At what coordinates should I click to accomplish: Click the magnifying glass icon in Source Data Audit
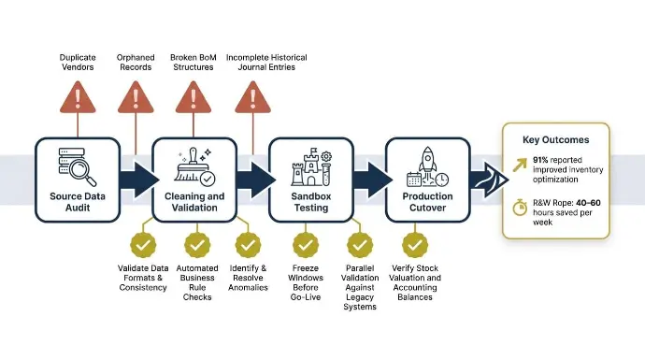(82, 171)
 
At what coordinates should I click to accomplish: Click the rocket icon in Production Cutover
(428, 161)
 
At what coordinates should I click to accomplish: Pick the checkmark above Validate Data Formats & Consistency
(143, 245)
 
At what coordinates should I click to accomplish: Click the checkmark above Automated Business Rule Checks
(197, 245)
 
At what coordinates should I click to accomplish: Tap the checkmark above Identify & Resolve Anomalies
(248, 245)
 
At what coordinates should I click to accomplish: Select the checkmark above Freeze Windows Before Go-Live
(306, 245)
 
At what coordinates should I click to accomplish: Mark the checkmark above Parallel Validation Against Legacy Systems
(360, 245)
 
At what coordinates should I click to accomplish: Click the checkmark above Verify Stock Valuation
(415, 245)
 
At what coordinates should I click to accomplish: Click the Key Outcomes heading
(556, 140)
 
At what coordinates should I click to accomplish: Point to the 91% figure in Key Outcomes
(540, 160)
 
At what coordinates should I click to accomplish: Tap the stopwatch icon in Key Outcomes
(520, 207)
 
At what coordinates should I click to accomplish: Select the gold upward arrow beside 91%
(520, 165)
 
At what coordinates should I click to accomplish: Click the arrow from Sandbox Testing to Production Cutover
(373, 180)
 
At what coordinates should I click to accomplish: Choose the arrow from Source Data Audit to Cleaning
(139, 180)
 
